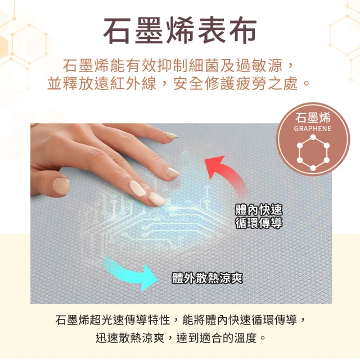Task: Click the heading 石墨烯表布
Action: [x=180, y=30]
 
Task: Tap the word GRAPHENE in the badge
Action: [x=313, y=129]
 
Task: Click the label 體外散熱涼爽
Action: [x=207, y=278]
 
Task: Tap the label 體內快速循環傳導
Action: [x=259, y=216]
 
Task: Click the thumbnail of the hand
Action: [x=61, y=186]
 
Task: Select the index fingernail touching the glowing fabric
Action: [x=157, y=199]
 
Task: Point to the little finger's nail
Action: [x=172, y=136]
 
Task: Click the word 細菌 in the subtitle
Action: [x=204, y=66]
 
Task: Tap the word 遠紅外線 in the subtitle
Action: [x=125, y=83]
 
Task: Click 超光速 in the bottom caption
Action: [x=107, y=320]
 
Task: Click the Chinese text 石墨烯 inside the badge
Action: [x=313, y=118]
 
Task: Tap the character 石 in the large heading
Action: [x=116, y=31]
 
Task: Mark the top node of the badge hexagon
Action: [x=313, y=137]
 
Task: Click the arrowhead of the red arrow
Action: [x=214, y=166]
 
